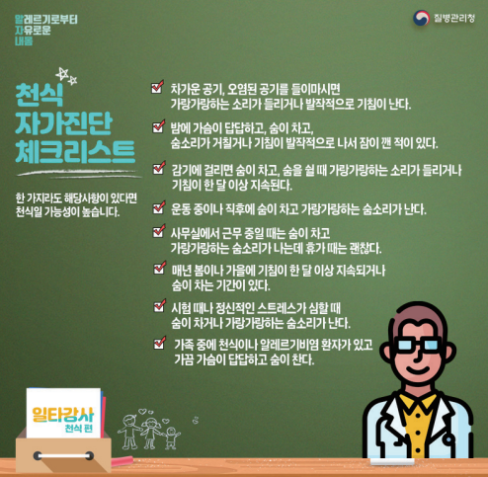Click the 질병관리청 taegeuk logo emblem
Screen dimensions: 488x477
[421, 18]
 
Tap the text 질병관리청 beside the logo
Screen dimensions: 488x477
[454, 18]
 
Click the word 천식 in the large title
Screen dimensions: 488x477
[39, 95]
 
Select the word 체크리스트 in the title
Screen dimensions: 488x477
[75, 152]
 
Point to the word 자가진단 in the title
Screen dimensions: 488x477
[63, 123]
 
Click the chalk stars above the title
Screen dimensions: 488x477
[66, 76]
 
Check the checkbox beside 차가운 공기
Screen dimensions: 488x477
[158, 87]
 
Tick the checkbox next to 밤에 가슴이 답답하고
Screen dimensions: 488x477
[159, 126]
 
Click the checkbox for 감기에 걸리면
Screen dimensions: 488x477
[159, 168]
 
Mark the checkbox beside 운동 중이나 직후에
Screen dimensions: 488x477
[159, 207]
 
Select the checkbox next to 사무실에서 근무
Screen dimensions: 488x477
[159, 231]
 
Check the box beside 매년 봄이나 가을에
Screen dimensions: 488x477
[160, 268]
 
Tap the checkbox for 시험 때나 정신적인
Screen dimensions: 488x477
[160, 306]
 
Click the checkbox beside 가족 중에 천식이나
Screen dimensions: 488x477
[160, 343]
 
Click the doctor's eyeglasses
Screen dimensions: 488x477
[417, 345]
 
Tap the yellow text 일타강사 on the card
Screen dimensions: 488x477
[63, 415]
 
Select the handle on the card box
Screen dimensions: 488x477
[63, 456]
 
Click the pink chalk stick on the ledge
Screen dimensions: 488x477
[122, 460]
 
